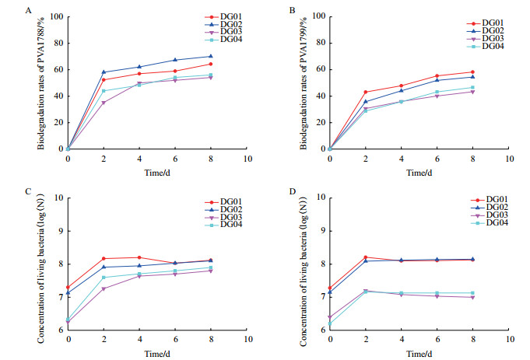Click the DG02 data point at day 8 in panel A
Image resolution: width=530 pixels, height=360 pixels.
211,56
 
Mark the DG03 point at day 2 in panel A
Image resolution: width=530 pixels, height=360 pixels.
104,103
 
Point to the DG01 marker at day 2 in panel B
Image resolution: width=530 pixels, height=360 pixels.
365,92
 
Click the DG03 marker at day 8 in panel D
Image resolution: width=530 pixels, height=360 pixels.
472,297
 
